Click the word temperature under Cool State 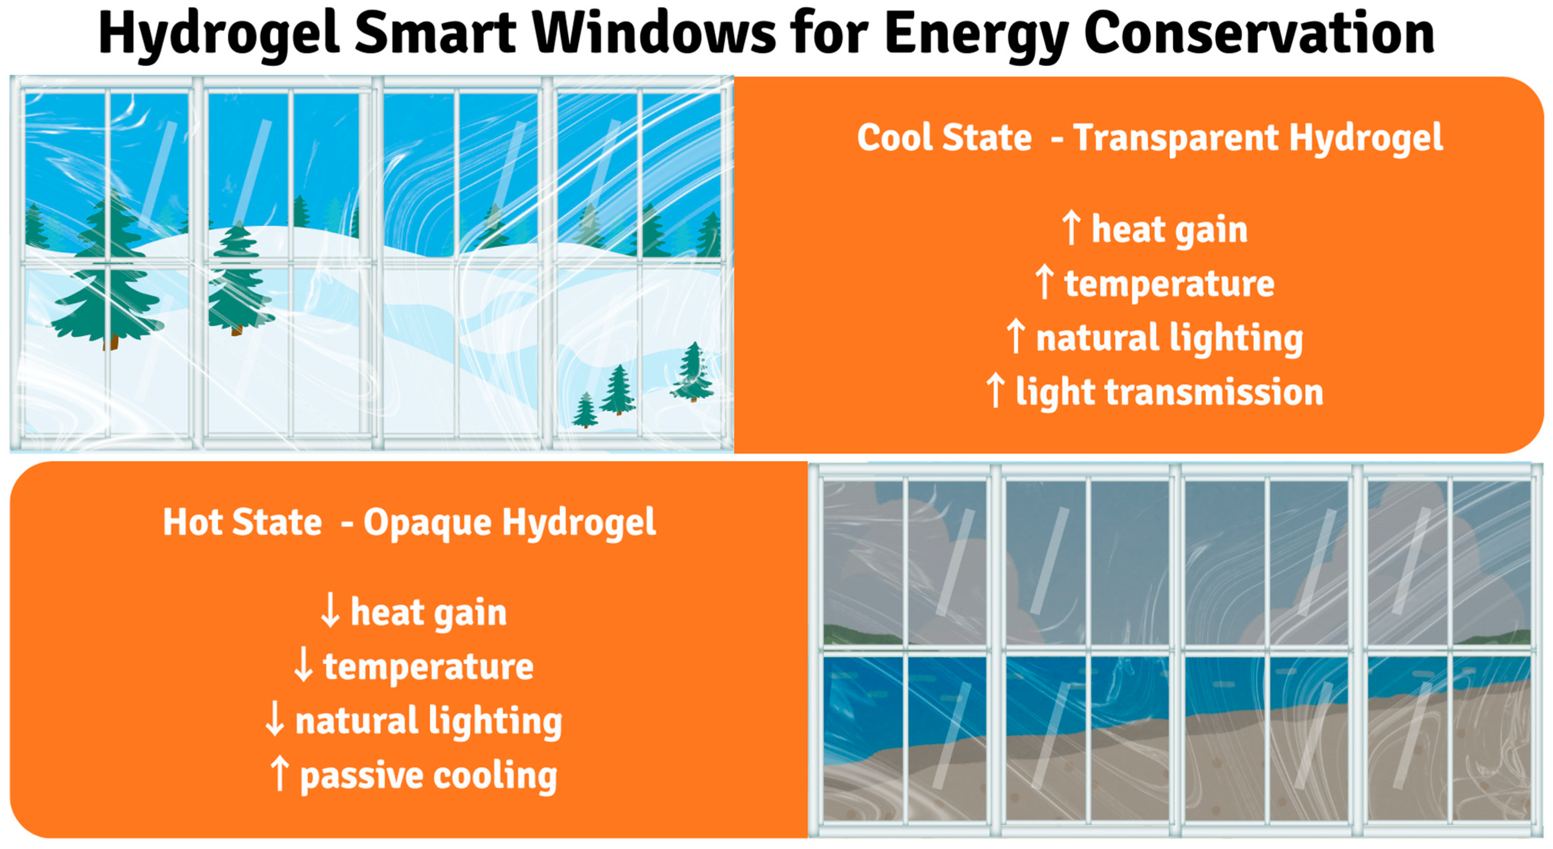(1170, 285)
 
